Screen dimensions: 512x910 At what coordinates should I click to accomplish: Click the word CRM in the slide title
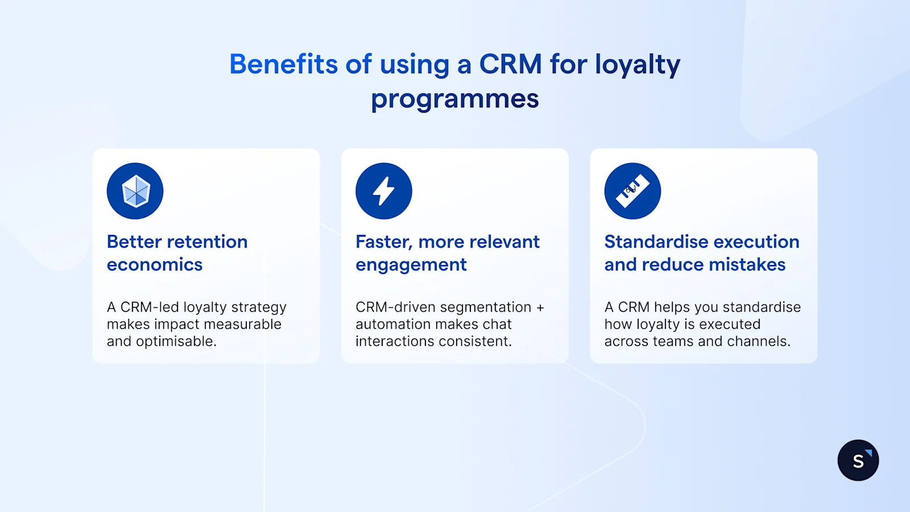(x=510, y=64)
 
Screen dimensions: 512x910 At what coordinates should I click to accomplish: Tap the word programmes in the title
(x=454, y=100)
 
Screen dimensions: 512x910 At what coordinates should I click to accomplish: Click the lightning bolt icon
(x=384, y=191)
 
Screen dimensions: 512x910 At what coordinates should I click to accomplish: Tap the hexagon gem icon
(x=135, y=191)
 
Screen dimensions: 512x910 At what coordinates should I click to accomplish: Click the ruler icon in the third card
(x=632, y=191)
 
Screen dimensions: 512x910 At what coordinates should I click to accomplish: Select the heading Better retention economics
(x=177, y=253)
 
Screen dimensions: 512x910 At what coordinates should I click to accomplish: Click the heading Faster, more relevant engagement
(x=447, y=253)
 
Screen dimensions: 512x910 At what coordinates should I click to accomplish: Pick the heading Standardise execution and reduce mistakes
(x=701, y=253)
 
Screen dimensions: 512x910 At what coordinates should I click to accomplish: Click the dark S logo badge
(x=858, y=460)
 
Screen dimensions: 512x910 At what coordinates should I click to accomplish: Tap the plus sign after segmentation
(x=540, y=307)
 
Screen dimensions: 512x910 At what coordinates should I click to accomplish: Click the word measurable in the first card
(x=246, y=324)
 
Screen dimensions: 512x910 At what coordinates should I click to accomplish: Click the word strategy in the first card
(x=259, y=308)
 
